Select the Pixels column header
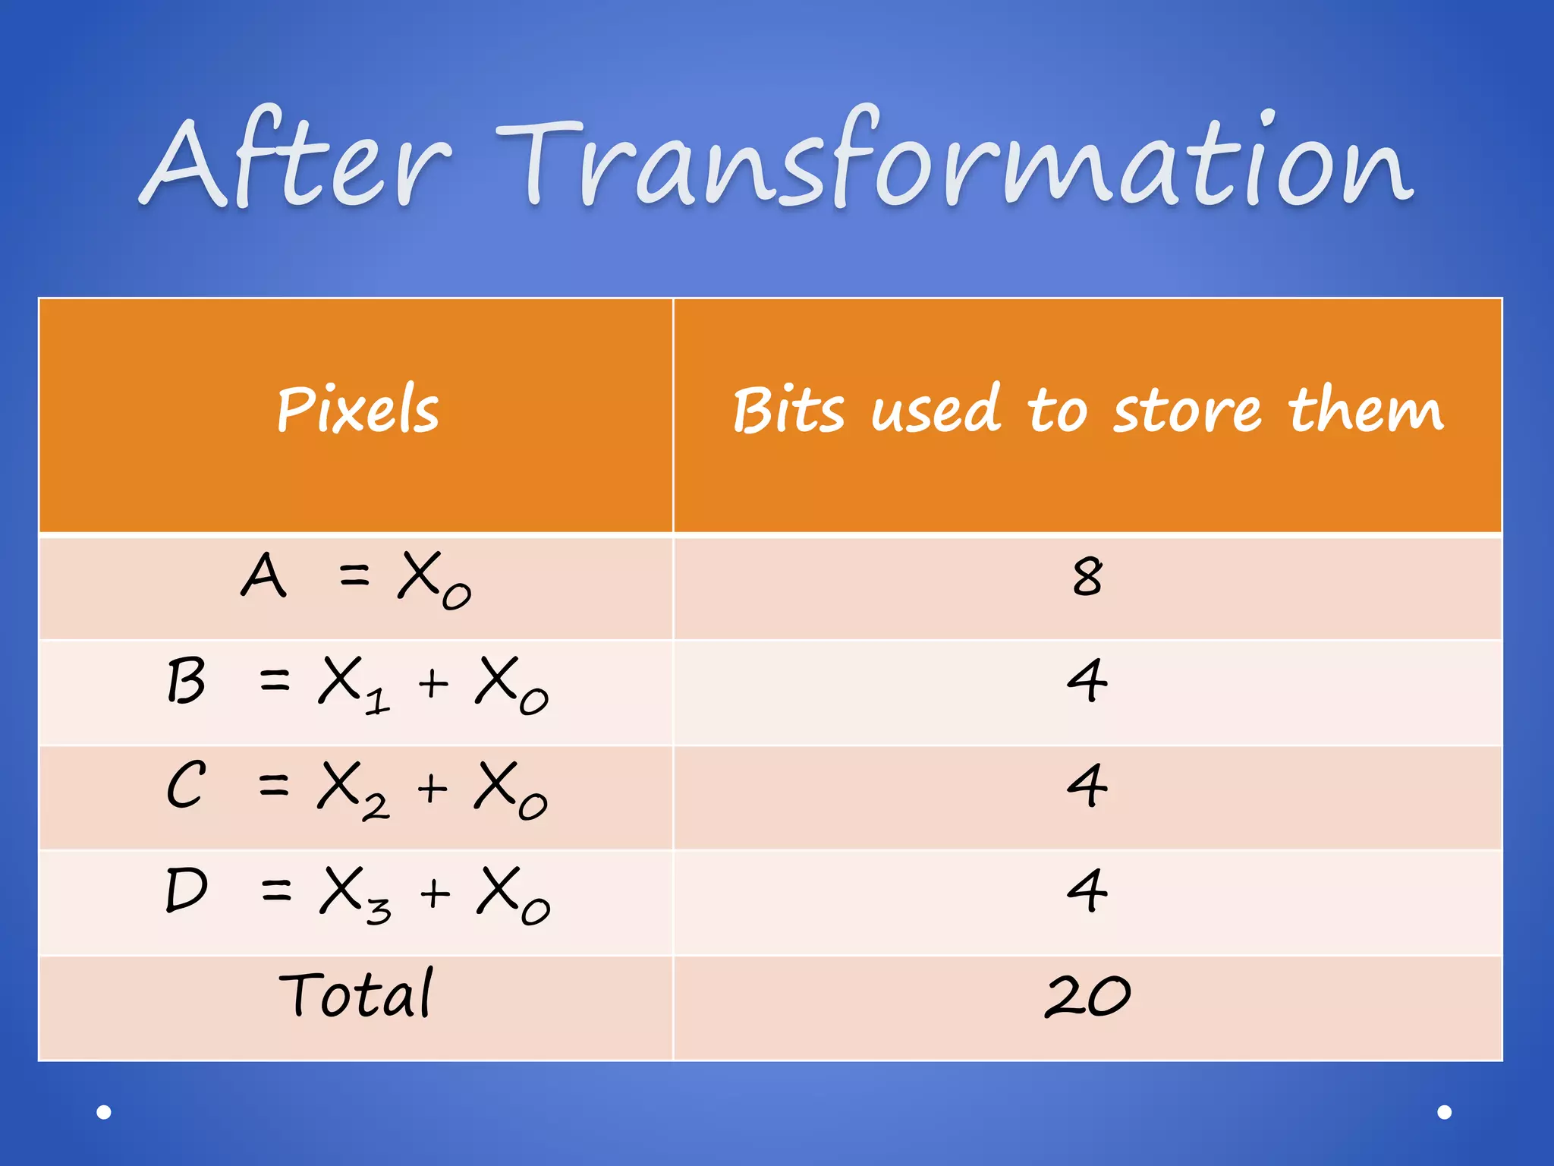click(357, 409)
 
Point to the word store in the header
click(1187, 410)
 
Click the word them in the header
click(1365, 410)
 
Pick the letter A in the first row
click(263, 575)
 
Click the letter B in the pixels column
click(186, 680)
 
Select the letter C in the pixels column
click(186, 785)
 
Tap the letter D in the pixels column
click(186, 890)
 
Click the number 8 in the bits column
click(1087, 577)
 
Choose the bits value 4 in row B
click(1087, 681)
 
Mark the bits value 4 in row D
click(1087, 890)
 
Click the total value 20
click(1087, 995)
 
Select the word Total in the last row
click(356, 994)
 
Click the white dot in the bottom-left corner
click(104, 1112)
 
